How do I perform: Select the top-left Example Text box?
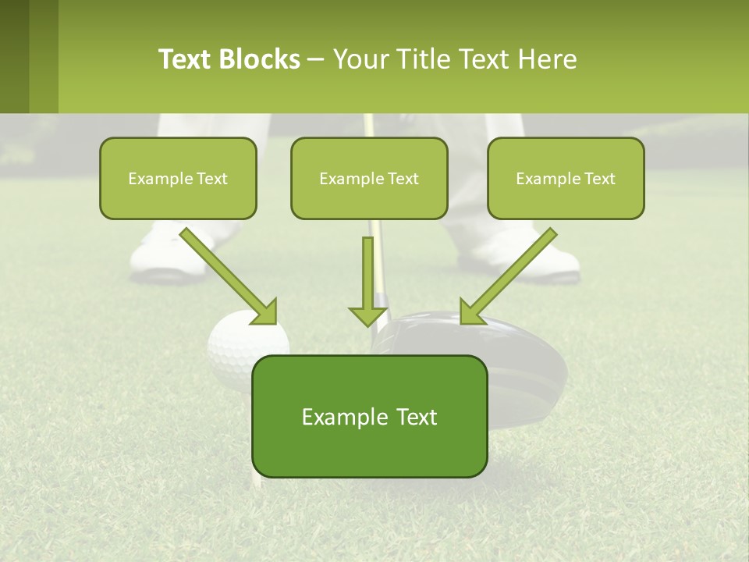coord(178,178)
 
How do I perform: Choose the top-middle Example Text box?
coord(369,178)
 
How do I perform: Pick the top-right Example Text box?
coord(566,178)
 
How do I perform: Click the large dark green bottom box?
coord(369,416)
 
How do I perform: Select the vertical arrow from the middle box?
coord(367,281)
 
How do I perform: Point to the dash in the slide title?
coord(316,60)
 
